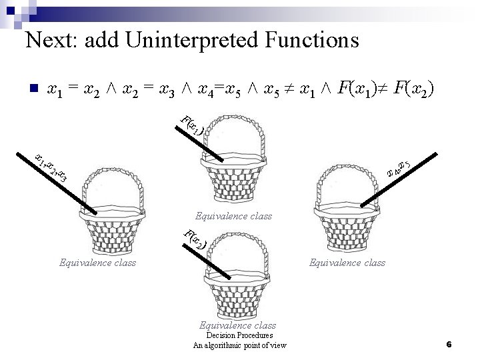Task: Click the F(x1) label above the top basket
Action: point(193,125)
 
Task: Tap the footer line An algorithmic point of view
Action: point(239,345)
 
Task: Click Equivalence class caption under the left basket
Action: point(97,263)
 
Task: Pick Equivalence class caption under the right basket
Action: point(347,263)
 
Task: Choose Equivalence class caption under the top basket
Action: point(233,217)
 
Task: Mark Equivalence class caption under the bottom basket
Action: point(237,325)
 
